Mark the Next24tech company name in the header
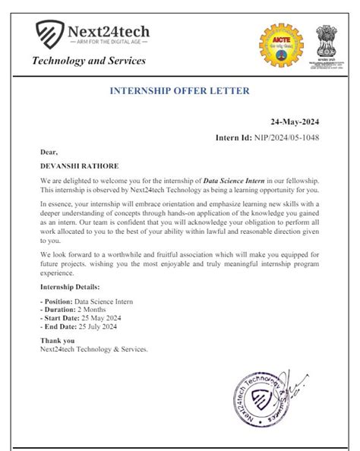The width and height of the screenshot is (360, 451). click(x=109, y=31)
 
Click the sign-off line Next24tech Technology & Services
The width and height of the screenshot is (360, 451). click(x=94, y=349)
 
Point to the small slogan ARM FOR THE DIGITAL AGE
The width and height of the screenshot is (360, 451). click(x=109, y=43)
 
